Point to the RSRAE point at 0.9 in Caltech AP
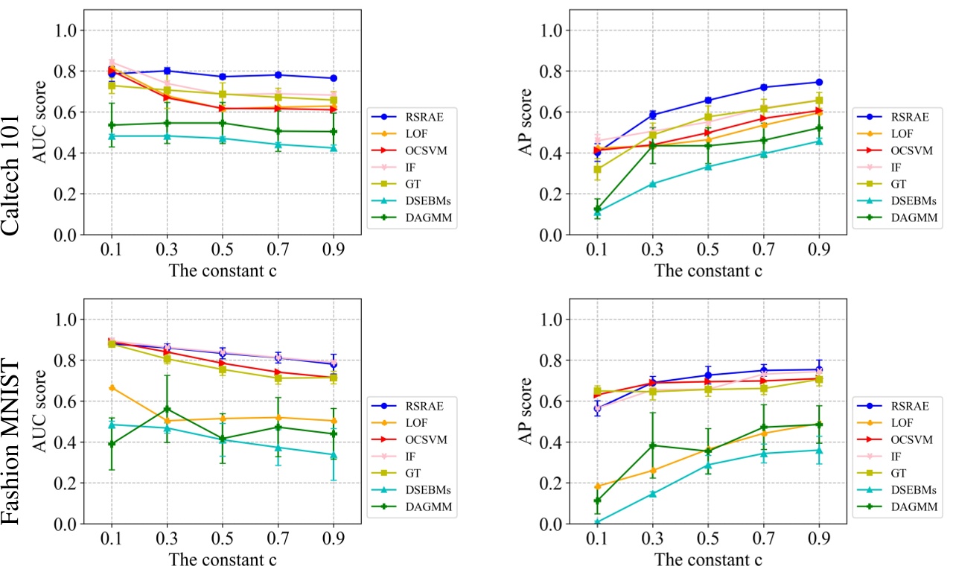(819, 82)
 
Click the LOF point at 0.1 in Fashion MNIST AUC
(112, 388)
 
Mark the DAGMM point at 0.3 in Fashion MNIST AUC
(167, 409)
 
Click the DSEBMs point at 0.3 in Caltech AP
(652, 184)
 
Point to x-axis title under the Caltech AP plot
(707, 271)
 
